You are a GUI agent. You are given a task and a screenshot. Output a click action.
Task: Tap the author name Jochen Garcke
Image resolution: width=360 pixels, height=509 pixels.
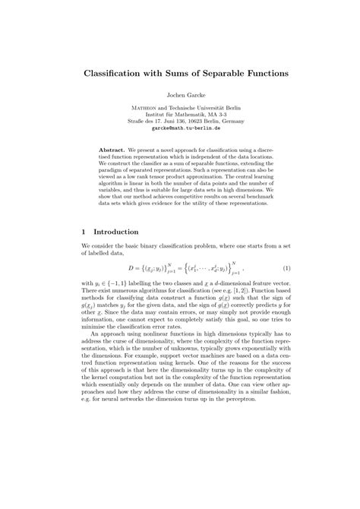(x=180, y=96)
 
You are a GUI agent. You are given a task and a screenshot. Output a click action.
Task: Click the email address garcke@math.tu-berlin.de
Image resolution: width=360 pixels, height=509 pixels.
(x=180, y=131)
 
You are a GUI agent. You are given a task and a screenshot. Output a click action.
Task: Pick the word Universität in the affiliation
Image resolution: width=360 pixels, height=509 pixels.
(x=204, y=110)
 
